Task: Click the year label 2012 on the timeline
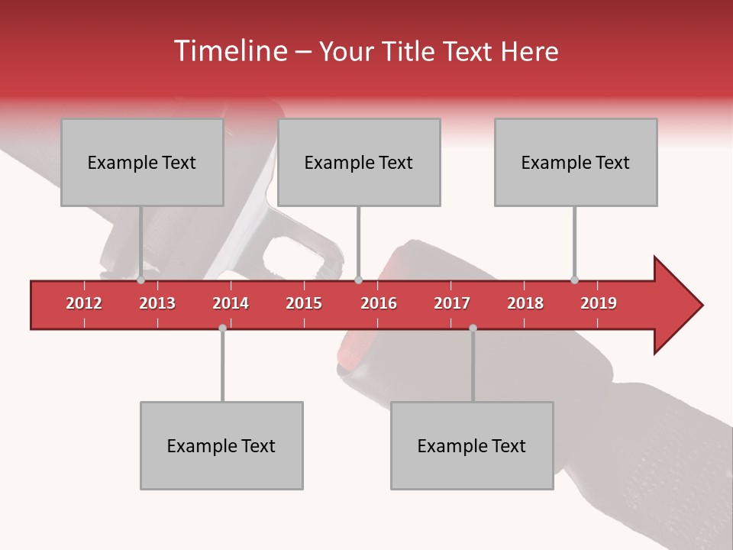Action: point(84,303)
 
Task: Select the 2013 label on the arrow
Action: point(157,303)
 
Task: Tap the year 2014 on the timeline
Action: point(231,303)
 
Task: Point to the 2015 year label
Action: point(304,303)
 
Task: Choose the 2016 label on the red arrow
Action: point(379,303)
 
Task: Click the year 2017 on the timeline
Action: point(452,303)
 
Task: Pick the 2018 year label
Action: point(525,303)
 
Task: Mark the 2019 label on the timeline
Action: point(599,303)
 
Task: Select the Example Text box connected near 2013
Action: point(142,162)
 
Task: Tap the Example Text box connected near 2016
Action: point(359,162)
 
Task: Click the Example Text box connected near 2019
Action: point(576,162)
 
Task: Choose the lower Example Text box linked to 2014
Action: point(221,445)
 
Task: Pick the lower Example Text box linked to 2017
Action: point(472,445)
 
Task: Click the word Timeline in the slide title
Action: point(229,51)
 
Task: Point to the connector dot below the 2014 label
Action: point(222,328)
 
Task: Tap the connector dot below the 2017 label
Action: point(473,328)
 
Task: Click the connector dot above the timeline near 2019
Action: point(574,280)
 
